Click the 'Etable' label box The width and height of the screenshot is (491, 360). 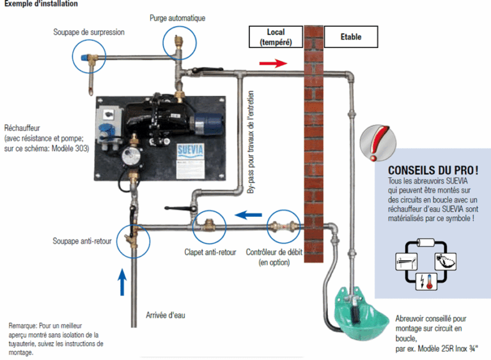351,36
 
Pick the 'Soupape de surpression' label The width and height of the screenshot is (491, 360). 89,31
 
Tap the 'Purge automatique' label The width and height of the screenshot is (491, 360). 177,18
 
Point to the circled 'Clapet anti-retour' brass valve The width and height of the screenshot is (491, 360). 208,225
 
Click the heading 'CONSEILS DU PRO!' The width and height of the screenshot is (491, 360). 433,171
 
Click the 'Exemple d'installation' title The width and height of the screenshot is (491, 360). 41,4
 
